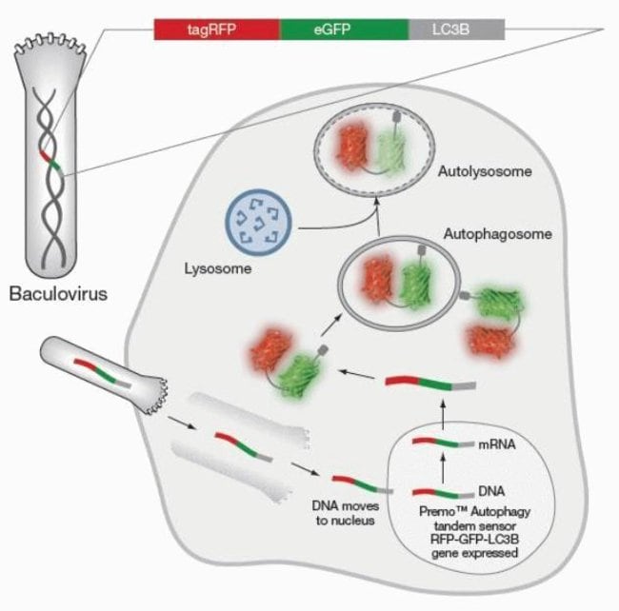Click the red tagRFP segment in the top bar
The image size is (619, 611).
coord(217,30)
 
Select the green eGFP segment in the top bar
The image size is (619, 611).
coord(344,30)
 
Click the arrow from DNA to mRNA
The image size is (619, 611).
coord(442,468)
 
